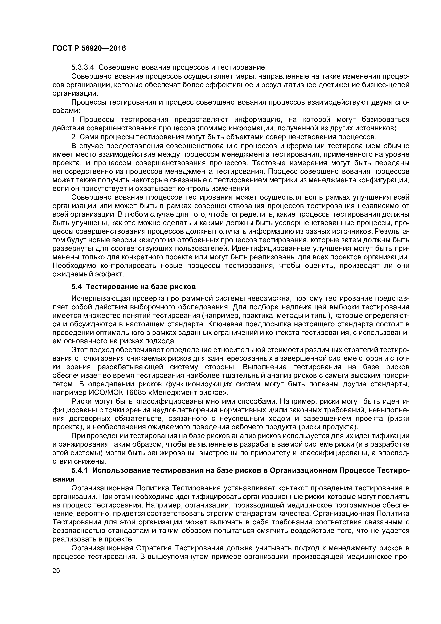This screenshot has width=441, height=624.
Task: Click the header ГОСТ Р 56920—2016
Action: (x=89, y=48)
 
